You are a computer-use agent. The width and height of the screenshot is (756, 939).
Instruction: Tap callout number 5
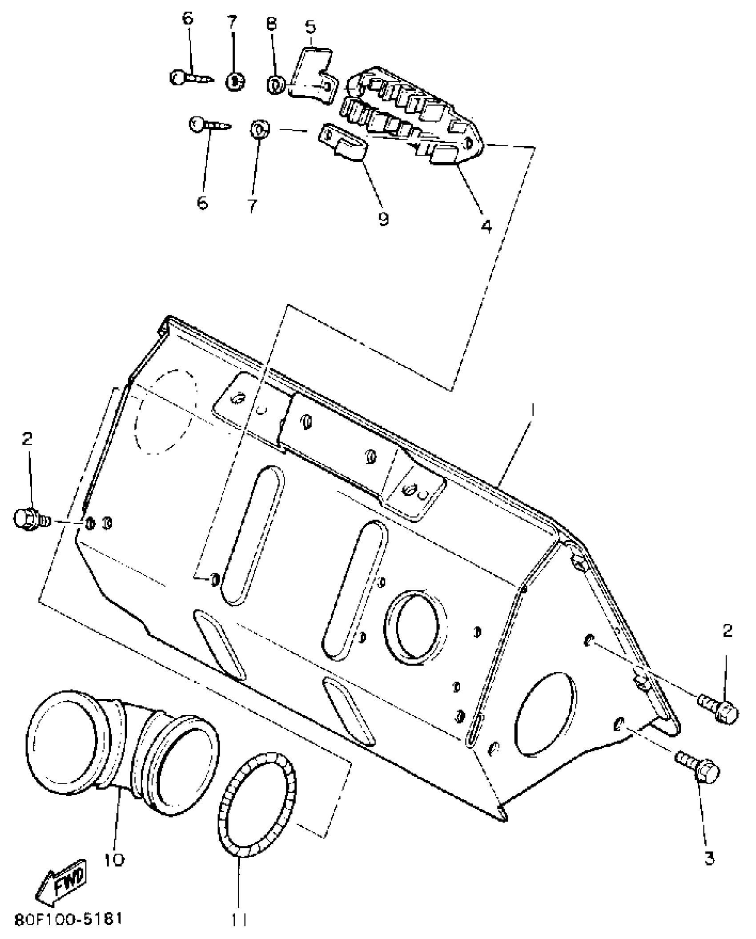[310, 26]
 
